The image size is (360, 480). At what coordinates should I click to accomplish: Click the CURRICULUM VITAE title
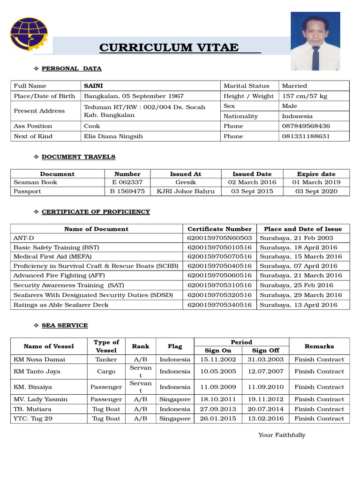pyautogui.click(x=169, y=48)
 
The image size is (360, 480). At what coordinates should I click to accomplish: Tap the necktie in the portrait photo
pyautogui.click(x=315, y=57)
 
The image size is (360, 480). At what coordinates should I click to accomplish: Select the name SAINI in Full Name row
pyautogui.click(x=93, y=86)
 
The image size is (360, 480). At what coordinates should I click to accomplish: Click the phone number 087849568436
pyautogui.click(x=306, y=126)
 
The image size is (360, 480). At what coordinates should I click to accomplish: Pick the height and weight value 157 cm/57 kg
pyautogui.click(x=304, y=96)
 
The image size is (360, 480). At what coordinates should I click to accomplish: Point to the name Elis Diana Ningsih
pyautogui.click(x=113, y=136)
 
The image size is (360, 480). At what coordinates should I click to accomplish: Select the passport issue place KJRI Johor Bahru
pyautogui.click(x=186, y=191)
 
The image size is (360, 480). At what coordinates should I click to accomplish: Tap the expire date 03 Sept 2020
pyautogui.click(x=316, y=191)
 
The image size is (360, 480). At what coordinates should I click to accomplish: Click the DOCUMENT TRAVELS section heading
pyautogui.click(x=78, y=157)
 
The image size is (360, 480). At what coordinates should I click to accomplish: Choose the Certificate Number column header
pyautogui.click(x=219, y=229)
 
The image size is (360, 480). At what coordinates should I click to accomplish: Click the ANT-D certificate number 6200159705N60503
pyautogui.click(x=219, y=238)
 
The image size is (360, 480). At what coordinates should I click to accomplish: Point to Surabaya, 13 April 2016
pyautogui.click(x=298, y=305)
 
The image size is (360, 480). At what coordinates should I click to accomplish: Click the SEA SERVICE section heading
pyautogui.click(x=65, y=325)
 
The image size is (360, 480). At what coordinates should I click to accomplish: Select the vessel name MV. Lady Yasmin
pyautogui.click(x=40, y=399)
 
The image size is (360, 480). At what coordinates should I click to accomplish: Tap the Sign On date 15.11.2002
pyautogui.click(x=216, y=360)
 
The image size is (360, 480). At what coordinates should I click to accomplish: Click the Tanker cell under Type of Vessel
pyautogui.click(x=106, y=360)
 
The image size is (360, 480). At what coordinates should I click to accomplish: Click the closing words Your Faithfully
pyautogui.click(x=282, y=435)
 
